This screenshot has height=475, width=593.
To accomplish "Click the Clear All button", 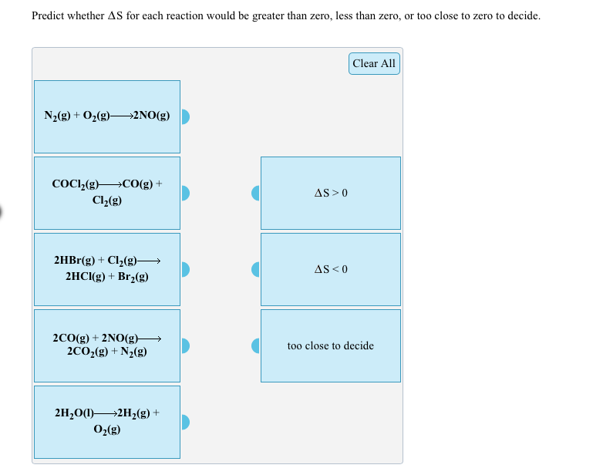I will click(374, 63).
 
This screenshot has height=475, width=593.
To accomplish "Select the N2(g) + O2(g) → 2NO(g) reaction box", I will click(106, 116).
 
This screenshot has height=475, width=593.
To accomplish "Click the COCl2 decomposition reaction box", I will click(106, 193).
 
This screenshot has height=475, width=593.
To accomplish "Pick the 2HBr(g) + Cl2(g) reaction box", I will click(106, 269).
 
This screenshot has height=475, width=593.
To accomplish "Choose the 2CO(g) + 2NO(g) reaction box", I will click(106, 345).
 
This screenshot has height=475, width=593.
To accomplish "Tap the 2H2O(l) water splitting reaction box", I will click(106, 422).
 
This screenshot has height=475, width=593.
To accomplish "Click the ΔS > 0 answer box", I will click(331, 193).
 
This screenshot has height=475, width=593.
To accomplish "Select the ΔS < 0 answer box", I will click(331, 269).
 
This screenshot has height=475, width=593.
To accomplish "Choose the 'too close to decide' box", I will click(331, 345).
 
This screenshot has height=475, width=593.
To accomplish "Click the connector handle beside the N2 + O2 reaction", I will click(185, 117).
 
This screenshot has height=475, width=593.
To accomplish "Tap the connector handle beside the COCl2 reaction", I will click(185, 193).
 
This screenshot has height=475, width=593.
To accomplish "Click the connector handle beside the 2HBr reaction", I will click(185, 269).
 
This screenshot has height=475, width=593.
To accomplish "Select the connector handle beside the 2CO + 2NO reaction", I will click(185, 345).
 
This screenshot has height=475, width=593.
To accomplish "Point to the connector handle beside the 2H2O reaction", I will click(185, 422).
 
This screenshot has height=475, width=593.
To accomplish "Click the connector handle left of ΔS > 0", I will click(256, 193).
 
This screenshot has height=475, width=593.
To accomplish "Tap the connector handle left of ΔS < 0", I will click(256, 269).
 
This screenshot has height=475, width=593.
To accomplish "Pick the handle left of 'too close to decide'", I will click(256, 345).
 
